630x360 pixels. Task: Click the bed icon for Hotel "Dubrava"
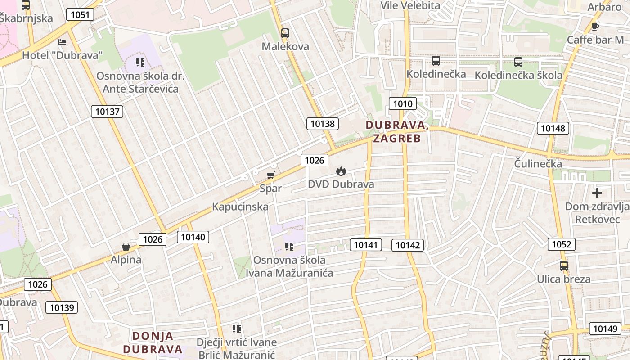tap(62, 42)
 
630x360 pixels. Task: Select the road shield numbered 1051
tap(80, 14)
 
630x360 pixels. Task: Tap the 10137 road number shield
tap(107, 111)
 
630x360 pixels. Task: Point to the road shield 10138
tap(323, 123)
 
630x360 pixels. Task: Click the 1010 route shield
tap(403, 104)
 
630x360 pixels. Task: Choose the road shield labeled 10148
tap(553, 128)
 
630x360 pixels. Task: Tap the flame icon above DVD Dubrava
tap(341, 171)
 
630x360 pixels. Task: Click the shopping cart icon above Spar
tap(270, 175)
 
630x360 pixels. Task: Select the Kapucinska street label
tap(240, 207)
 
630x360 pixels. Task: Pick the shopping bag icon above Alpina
tap(126, 247)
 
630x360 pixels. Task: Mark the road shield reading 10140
tap(193, 237)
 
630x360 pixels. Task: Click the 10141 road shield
tap(366, 245)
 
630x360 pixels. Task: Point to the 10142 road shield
tap(408, 245)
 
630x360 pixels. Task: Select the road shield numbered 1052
tap(562, 244)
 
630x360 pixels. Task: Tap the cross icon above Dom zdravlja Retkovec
tap(597, 193)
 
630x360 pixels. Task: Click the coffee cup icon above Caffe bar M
tap(595, 27)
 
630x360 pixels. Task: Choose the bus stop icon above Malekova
tap(285, 33)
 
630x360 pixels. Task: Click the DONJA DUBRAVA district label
tap(153, 342)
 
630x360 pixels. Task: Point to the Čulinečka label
tap(538, 164)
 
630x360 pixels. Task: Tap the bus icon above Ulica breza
tap(564, 266)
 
